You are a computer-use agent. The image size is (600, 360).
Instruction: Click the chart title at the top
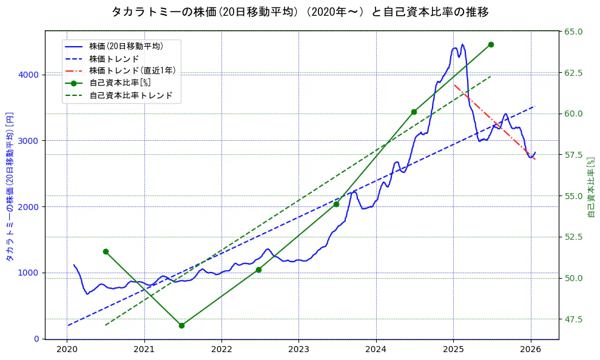(300, 12)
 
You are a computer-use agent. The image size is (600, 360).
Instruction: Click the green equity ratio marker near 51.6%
(106, 251)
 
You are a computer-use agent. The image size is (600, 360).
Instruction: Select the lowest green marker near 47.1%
(181, 325)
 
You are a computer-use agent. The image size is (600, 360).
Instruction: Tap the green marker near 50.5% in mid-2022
(258, 270)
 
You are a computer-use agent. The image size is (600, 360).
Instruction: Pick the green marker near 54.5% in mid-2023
(336, 204)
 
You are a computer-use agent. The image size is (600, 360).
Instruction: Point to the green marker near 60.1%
(414, 112)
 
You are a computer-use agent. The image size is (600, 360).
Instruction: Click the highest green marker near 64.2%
(491, 44)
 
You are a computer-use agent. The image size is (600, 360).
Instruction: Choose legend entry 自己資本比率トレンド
(130, 95)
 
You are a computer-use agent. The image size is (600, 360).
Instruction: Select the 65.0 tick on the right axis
(574, 32)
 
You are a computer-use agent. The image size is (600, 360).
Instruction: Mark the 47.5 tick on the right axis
(574, 319)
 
